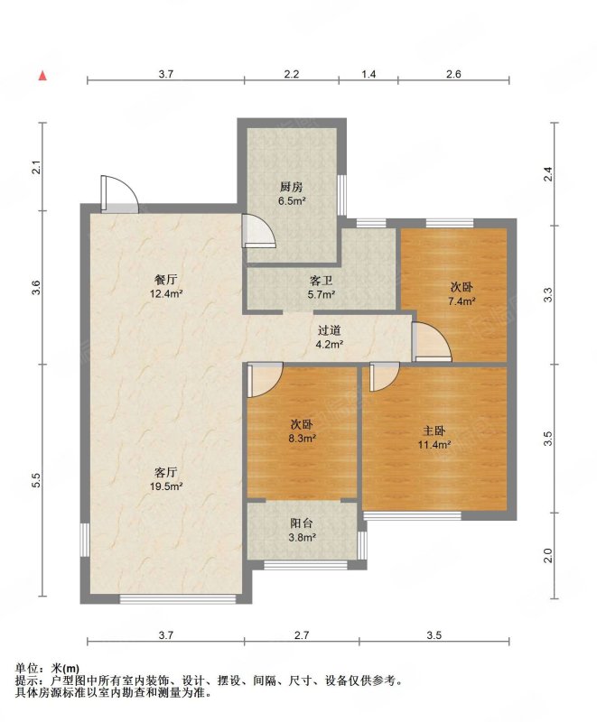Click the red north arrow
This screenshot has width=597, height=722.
(x=42, y=76)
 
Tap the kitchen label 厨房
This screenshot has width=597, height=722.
(x=291, y=187)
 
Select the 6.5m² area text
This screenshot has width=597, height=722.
(x=292, y=200)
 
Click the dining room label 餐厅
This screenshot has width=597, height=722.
(x=166, y=280)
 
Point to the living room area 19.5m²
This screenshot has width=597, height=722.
(x=166, y=486)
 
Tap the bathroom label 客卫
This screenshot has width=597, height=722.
(x=321, y=281)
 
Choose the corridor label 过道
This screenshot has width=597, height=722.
(x=330, y=330)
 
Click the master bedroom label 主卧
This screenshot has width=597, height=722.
(x=434, y=431)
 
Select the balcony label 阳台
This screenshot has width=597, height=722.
(x=302, y=523)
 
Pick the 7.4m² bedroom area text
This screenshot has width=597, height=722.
(x=462, y=301)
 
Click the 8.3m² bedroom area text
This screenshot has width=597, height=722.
(x=302, y=439)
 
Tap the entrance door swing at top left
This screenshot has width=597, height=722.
(x=119, y=194)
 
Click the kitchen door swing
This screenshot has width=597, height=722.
(x=259, y=232)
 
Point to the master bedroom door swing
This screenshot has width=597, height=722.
(x=385, y=377)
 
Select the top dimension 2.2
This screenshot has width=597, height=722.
(x=291, y=74)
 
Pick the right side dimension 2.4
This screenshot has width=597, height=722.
(x=547, y=174)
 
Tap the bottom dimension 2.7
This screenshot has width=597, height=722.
(x=302, y=635)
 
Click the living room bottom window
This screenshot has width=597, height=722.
(x=178, y=598)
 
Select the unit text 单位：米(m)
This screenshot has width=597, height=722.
(x=47, y=668)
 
